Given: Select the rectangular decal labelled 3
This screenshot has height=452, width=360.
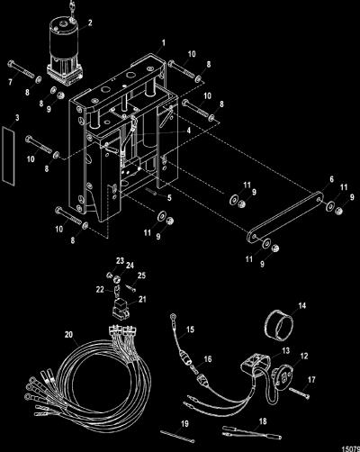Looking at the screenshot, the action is click(x=9, y=155).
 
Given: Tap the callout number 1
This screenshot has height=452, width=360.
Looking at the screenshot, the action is click(x=164, y=43).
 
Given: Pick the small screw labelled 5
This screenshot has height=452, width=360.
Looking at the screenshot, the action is click(x=151, y=192).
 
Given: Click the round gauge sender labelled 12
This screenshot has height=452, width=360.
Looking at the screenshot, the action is click(x=282, y=374).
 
